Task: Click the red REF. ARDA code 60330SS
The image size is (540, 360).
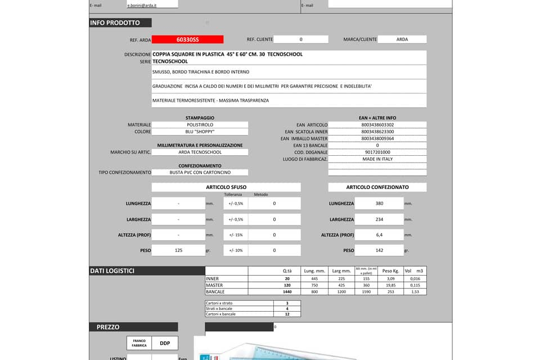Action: (187, 39)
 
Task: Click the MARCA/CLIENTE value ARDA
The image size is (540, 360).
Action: (402, 39)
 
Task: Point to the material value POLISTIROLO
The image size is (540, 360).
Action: (200, 125)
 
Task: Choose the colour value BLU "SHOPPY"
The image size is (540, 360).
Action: (200, 132)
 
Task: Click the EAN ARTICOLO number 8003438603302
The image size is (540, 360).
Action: (377, 125)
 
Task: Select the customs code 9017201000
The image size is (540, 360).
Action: (377, 152)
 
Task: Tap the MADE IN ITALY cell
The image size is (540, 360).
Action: (377, 159)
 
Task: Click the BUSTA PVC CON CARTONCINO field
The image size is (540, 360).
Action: (200, 173)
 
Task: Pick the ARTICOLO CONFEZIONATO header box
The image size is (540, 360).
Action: (377, 187)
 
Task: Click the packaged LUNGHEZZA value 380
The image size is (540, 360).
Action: (379, 204)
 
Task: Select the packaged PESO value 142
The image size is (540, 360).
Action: (379, 250)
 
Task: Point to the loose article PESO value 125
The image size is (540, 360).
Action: (178, 250)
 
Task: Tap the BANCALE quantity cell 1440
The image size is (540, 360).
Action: (287, 292)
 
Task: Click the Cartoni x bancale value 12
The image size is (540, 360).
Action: (287, 314)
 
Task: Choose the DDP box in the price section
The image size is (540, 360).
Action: (165, 343)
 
